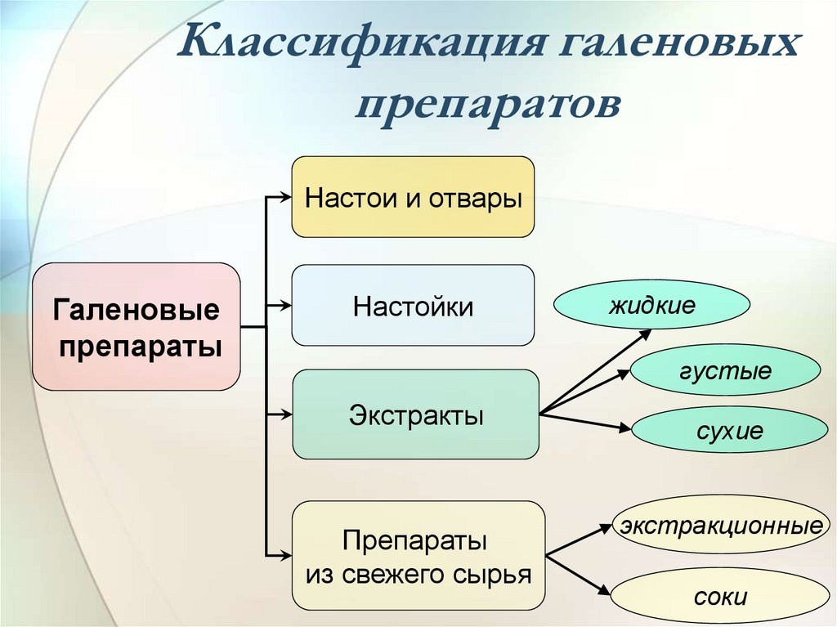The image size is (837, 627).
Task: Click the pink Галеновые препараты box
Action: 137,325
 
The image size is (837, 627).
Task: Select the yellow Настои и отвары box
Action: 413,198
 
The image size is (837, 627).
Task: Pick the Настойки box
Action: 413,306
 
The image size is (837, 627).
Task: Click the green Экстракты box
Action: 415,414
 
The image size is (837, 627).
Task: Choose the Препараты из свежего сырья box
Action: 418,556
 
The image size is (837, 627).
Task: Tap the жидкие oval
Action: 651,306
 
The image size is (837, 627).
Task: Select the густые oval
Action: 724,370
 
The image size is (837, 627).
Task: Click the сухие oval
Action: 729,430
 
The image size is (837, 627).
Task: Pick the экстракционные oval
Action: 720,524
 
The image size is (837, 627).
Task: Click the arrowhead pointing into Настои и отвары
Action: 284,196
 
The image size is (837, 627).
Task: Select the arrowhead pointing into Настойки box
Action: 284,305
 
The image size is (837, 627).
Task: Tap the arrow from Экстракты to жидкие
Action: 597,370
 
